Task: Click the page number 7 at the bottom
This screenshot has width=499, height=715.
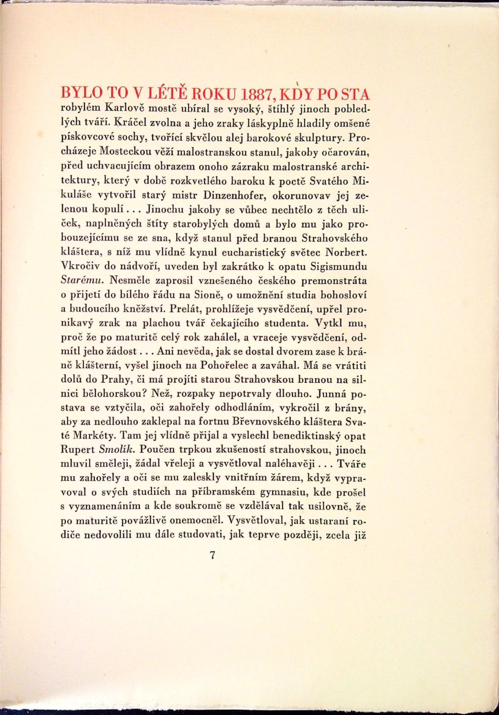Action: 213,555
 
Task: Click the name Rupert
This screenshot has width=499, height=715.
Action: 78,450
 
